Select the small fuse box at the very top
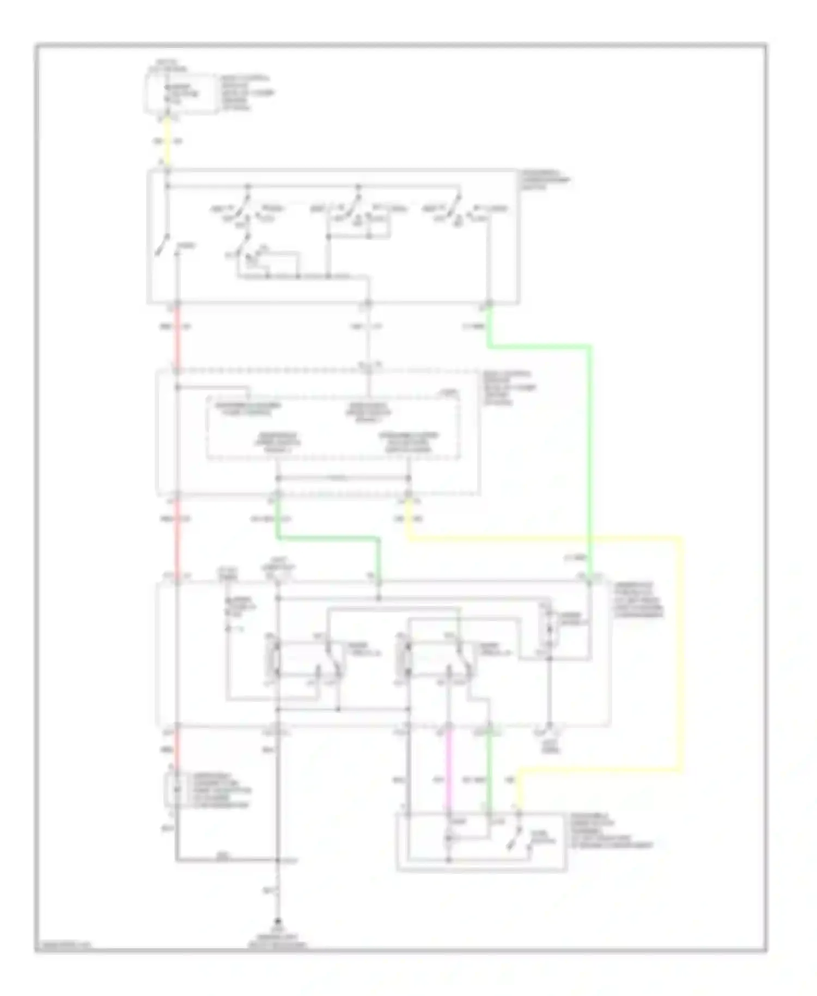(180, 94)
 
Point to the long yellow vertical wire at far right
(680, 654)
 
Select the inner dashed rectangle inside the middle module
(333, 428)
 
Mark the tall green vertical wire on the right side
(590, 463)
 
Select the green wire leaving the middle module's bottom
(327, 538)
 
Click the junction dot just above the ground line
(278, 860)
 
